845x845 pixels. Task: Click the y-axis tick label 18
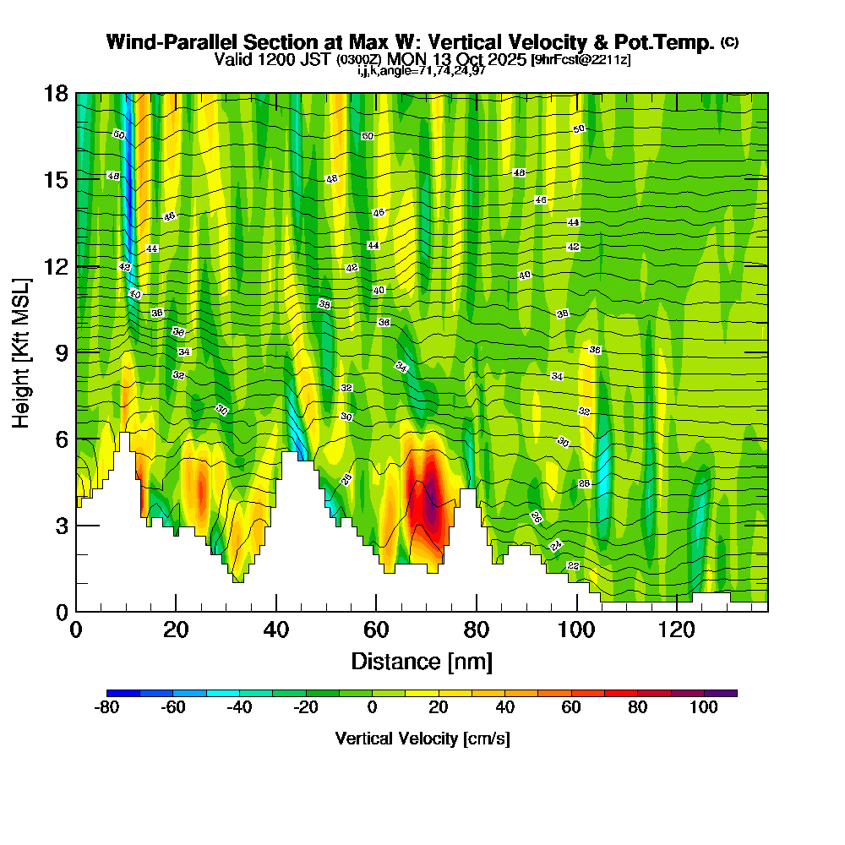[x=56, y=94]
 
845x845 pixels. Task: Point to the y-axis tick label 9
[x=61, y=352]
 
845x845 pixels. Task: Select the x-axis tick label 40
[x=275, y=630]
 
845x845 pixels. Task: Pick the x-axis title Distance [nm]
[x=422, y=661]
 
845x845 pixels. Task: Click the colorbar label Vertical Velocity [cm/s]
[x=422, y=739]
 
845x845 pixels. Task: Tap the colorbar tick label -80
[x=106, y=707]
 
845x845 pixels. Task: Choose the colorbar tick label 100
[x=703, y=707]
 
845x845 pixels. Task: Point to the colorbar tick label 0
[x=373, y=707]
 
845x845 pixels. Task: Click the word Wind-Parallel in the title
[x=164, y=42]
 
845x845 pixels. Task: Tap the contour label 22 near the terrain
[x=573, y=565]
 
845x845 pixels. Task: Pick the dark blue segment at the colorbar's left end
[x=123, y=693]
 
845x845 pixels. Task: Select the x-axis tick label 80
[x=477, y=630]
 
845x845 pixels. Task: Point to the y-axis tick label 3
[x=61, y=526]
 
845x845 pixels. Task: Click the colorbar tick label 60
[x=571, y=707]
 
